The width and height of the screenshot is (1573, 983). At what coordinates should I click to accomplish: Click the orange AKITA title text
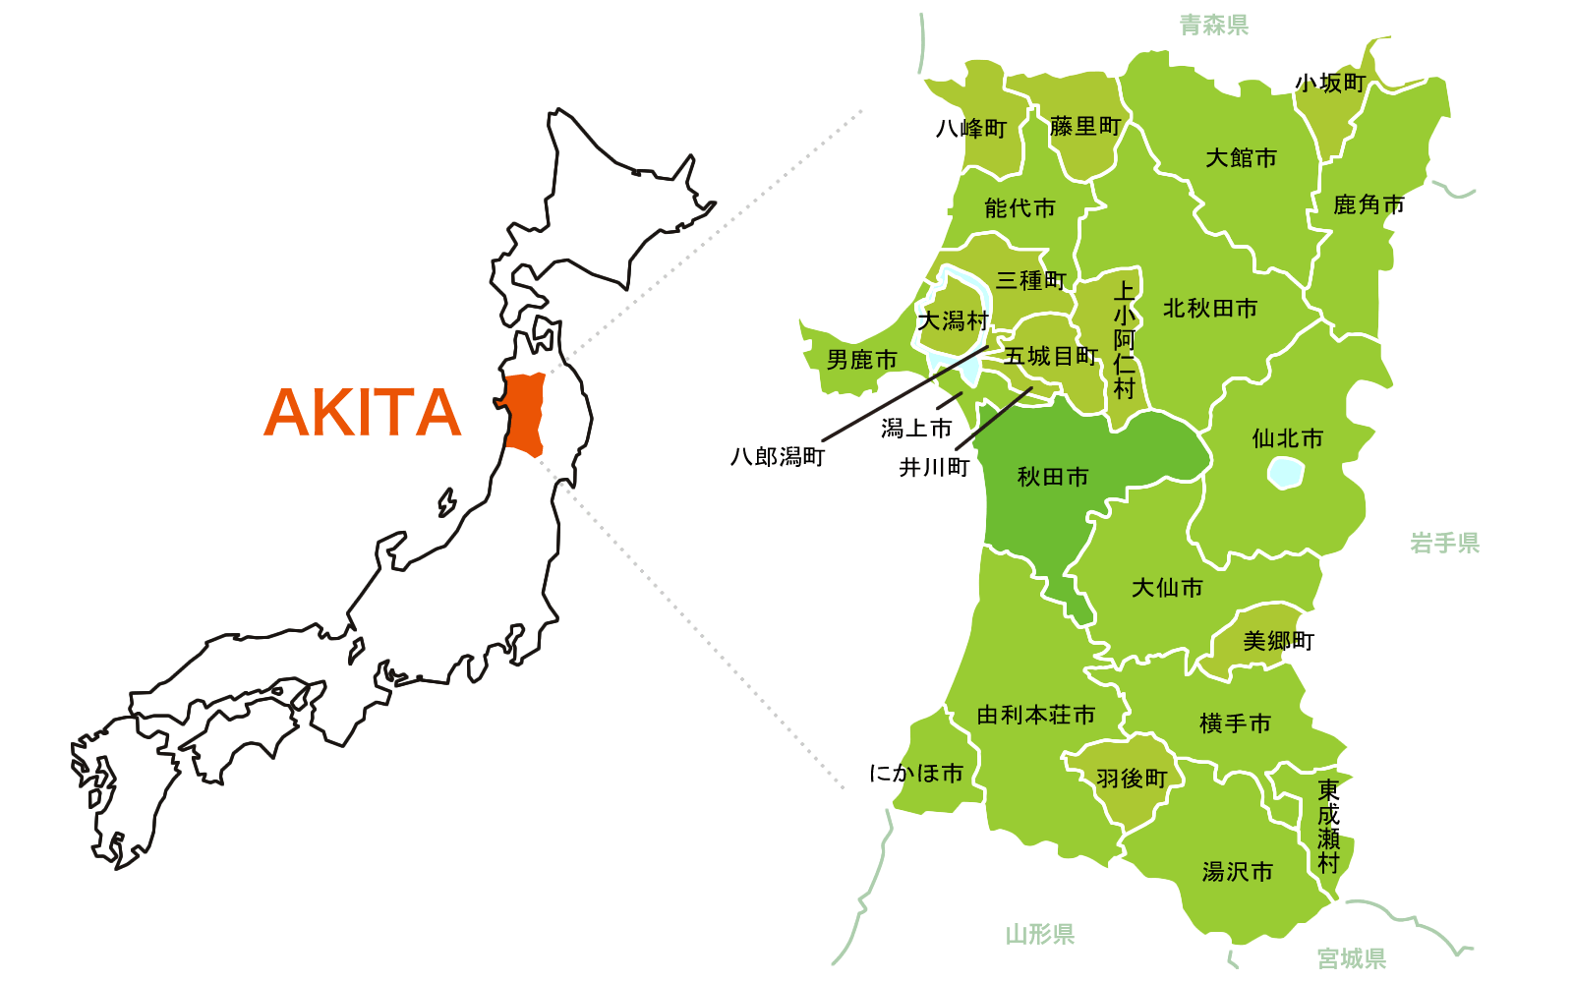tap(362, 413)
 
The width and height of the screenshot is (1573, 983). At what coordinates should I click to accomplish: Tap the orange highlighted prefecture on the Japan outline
tap(525, 414)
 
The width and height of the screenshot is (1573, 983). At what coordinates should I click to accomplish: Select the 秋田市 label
tap(1053, 478)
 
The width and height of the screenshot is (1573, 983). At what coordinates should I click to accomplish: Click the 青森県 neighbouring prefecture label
tap(1213, 26)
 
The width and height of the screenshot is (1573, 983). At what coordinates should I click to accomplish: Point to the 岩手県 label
tap(1444, 544)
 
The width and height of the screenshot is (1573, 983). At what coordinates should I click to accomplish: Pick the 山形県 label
tap(1039, 934)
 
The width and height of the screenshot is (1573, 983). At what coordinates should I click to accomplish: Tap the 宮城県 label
tap(1351, 958)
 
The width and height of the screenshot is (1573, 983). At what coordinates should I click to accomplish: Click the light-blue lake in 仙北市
tap(1285, 473)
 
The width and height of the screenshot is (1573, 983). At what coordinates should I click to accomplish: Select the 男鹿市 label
tap(862, 361)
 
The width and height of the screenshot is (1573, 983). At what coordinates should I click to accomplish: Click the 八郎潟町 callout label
tap(777, 457)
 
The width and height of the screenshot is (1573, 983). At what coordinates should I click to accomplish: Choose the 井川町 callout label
tap(934, 468)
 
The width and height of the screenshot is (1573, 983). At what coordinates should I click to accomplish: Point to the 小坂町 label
tap(1330, 84)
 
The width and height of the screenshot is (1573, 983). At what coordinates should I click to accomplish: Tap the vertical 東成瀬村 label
tap(1328, 826)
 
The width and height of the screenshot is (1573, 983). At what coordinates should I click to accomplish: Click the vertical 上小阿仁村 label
tap(1124, 339)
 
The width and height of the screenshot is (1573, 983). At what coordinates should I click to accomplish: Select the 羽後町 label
tap(1132, 780)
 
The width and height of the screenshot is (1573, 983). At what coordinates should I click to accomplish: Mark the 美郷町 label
tap(1278, 642)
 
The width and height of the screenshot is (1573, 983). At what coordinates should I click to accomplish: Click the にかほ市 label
tap(915, 775)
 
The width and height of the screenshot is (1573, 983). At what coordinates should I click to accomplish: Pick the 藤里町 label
tap(1084, 127)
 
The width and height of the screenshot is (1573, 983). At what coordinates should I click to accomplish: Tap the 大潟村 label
tap(953, 321)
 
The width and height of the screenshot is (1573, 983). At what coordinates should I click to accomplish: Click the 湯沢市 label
tap(1237, 872)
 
